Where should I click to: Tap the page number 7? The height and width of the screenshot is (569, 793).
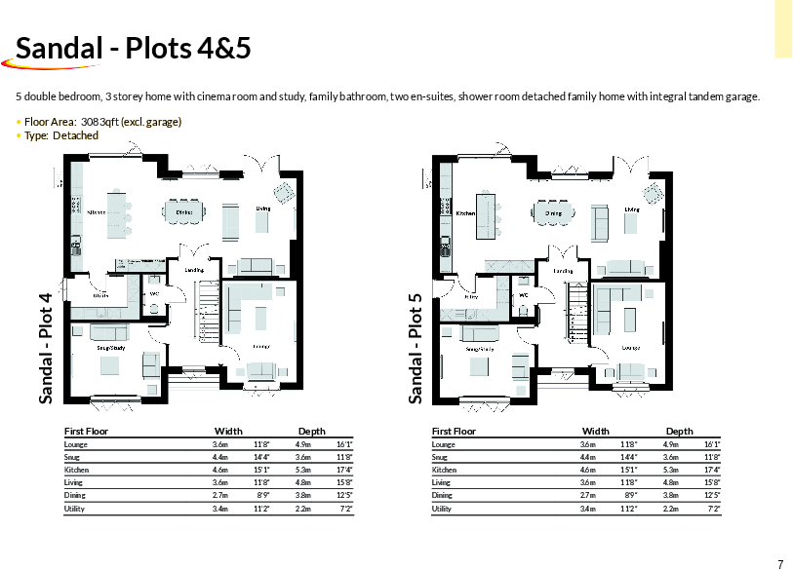point(780,563)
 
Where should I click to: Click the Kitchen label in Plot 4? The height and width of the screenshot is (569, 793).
point(97,211)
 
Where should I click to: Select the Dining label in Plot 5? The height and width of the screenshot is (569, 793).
point(553,212)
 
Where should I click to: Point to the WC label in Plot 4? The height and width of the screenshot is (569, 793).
point(154,293)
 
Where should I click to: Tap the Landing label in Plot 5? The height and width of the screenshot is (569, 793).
point(563,271)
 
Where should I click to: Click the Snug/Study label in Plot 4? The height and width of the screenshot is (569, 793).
point(109,347)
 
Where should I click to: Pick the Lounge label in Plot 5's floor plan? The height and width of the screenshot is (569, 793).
point(630,347)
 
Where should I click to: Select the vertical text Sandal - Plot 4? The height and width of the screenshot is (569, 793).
point(45,348)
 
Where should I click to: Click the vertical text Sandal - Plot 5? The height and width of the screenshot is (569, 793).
point(415,348)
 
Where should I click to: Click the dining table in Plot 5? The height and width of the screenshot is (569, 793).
point(553,211)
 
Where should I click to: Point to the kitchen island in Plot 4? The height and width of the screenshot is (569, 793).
point(116,212)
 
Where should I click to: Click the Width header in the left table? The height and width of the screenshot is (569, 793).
point(228,431)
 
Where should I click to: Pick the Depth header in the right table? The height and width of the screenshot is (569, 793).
point(679,431)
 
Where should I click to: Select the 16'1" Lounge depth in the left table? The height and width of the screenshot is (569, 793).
point(343,444)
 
